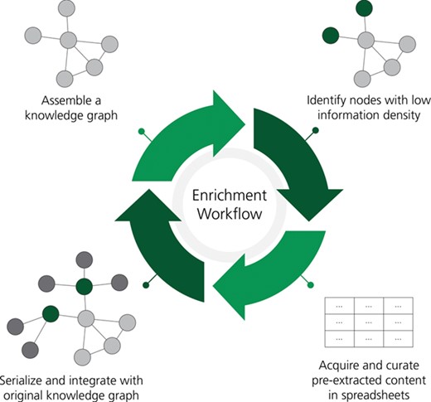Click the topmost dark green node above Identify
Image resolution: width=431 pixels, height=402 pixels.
[362, 9]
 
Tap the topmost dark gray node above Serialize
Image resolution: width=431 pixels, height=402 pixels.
[83, 259]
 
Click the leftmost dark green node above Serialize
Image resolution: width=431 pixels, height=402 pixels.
[51, 314]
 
